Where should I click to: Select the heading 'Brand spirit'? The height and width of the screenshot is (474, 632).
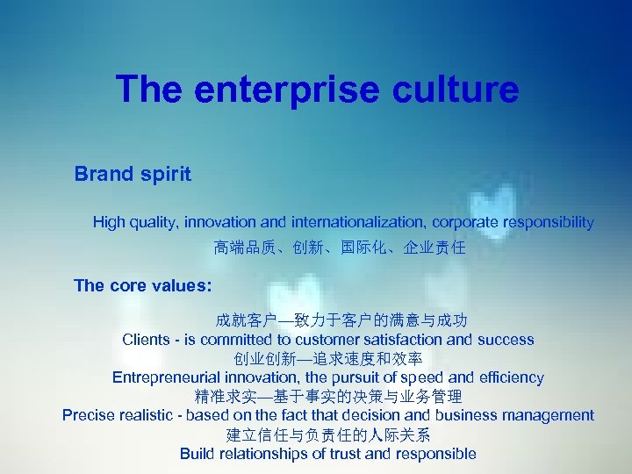tap(133, 174)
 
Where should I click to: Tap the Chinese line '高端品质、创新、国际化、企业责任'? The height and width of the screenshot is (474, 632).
tap(341, 248)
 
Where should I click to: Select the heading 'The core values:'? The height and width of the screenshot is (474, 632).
tap(142, 285)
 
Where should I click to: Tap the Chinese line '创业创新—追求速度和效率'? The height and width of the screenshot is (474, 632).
tap(328, 358)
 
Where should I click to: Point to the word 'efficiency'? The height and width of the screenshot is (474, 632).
tap(506, 377)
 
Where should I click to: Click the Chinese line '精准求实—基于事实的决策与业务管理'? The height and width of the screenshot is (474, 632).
tap(328, 397)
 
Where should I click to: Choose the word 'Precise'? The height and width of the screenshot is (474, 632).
tap(88, 415)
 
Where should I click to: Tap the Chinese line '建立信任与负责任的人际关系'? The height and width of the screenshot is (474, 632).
tap(328, 434)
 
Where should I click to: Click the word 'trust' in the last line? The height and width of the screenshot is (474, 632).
tap(347, 454)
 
